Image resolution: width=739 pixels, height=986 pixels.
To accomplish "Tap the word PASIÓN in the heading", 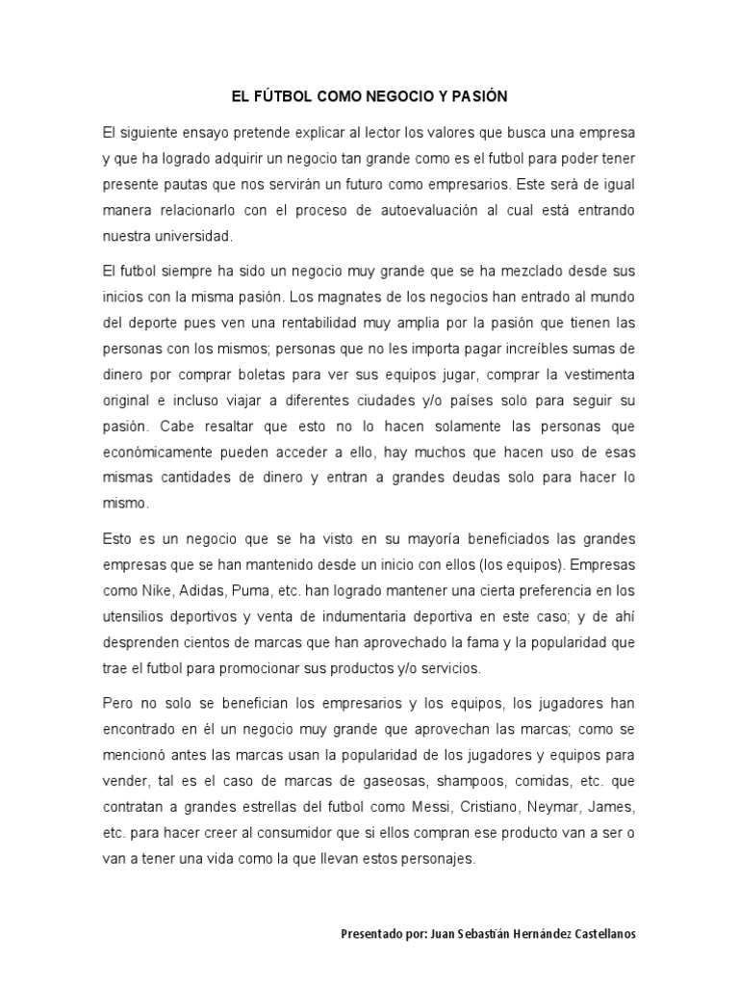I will pos(479,97).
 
